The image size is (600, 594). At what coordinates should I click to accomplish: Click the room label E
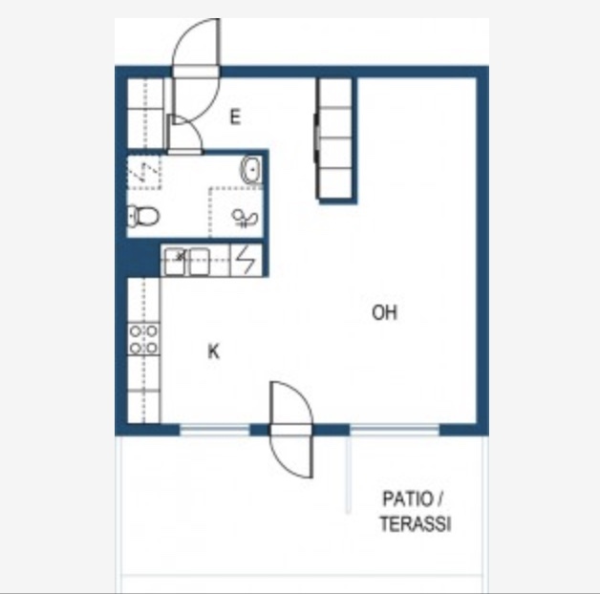[235, 117]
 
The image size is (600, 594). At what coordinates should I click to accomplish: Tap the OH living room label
[385, 312]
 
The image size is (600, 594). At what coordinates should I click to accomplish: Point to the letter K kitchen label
[213, 351]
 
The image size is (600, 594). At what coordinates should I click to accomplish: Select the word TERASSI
[416, 523]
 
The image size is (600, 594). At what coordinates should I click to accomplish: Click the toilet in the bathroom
[142, 216]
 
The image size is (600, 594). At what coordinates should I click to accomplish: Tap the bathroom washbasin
[251, 169]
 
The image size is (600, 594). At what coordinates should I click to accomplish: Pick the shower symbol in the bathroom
[245, 219]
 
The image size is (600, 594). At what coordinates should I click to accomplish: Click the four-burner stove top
[143, 339]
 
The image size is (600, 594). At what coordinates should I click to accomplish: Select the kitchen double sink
[186, 262]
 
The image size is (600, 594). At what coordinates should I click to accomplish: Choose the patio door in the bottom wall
[290, 430]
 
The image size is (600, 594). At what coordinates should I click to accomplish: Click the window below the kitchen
[215, 430]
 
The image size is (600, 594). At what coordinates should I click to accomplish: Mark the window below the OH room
[395, 430]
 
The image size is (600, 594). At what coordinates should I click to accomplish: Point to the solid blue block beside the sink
[143, 258]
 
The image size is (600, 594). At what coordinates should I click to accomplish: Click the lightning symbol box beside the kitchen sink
[246, 260]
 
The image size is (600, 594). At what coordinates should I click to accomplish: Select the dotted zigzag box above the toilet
[144, 172]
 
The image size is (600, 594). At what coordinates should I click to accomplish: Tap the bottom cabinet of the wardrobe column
[335, 182]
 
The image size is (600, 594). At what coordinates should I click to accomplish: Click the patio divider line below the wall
[348, 475]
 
